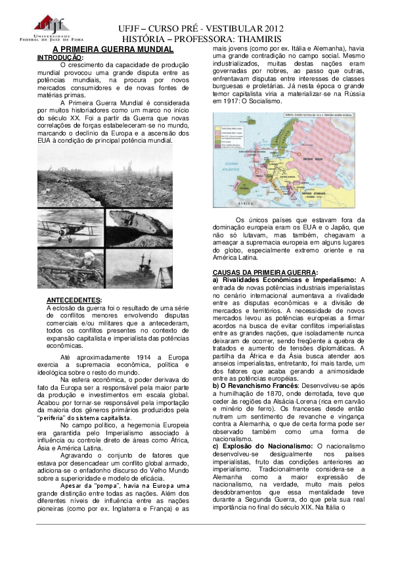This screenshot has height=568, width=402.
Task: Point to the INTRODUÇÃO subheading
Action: pos(60,57)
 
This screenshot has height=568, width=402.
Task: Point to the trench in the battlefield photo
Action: pos(99,187)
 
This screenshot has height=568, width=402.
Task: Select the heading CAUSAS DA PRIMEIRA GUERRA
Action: pos(265,272)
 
